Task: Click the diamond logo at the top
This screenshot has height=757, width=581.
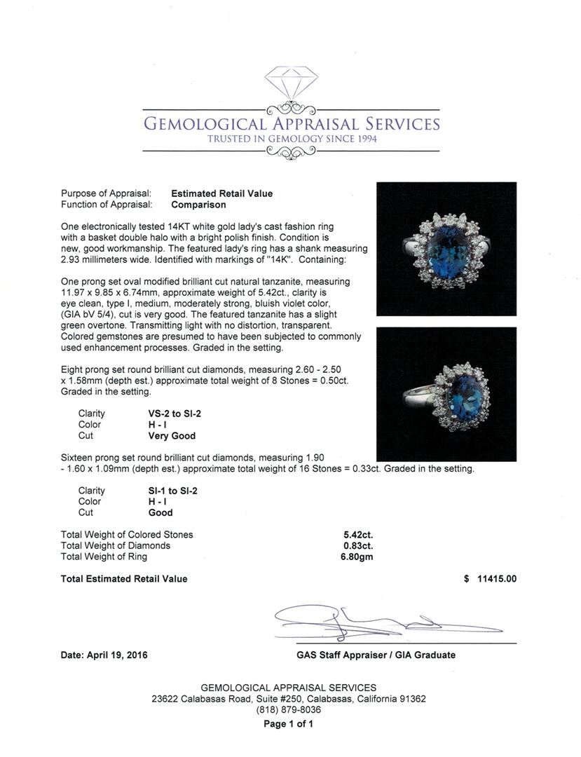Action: [291, 83]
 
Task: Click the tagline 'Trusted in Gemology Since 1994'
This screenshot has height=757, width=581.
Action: [291, 139]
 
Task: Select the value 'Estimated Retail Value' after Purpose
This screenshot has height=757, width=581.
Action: [222, 193]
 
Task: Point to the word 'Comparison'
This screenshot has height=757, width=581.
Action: [198, 205]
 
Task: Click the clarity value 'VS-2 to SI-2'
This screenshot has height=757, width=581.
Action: [168, 414]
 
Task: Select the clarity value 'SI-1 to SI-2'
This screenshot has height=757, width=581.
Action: [168, 491]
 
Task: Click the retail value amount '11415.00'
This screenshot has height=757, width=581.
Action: [496, 579]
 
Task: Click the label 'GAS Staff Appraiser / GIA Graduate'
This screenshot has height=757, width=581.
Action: [376, 655]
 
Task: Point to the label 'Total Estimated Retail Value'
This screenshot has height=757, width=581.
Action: [124, 579]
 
